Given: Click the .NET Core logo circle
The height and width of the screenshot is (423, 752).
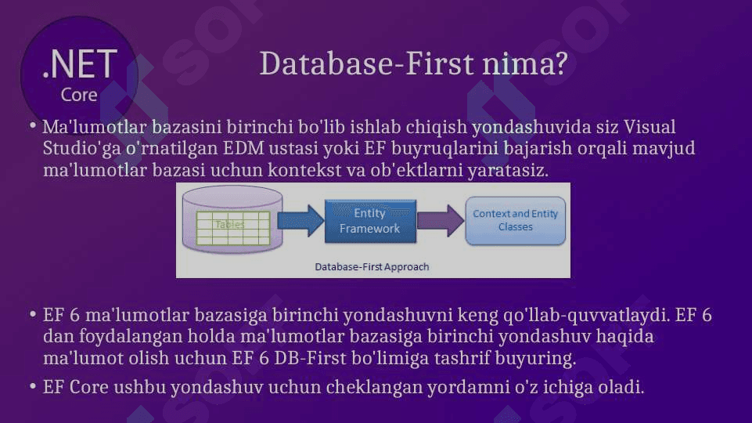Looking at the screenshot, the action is pos(79,75).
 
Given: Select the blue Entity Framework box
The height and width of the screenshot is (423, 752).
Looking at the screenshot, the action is pos(370,221).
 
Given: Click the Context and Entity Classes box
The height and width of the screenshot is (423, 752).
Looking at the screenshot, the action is pos(515,220).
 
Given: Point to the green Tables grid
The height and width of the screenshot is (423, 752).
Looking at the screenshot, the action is pos(232,228).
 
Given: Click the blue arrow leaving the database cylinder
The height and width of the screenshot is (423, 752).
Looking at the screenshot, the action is pos(300,221).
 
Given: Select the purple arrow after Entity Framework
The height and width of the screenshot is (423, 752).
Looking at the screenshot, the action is pos(441,221).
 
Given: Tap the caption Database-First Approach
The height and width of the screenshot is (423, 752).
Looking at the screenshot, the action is pos(372,267).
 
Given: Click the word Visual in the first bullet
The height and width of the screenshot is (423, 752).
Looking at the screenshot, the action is pos(649,127).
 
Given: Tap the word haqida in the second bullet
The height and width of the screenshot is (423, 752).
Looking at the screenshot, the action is pos(624,337).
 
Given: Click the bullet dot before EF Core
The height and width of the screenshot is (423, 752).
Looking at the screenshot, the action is pos(33,386).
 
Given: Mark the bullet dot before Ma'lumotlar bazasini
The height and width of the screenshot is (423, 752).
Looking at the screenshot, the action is pos(33,126).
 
